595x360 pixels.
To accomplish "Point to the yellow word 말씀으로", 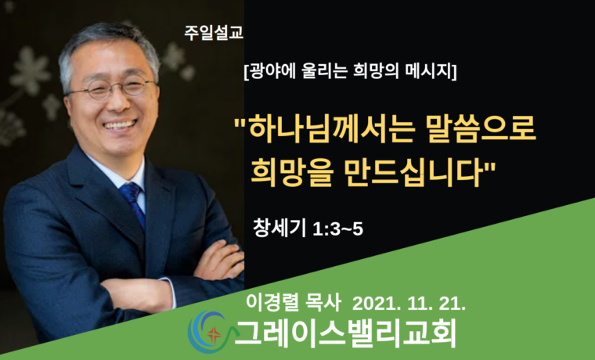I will (x=478, y=127).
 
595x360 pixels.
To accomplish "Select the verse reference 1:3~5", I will (x=337, y=229).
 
